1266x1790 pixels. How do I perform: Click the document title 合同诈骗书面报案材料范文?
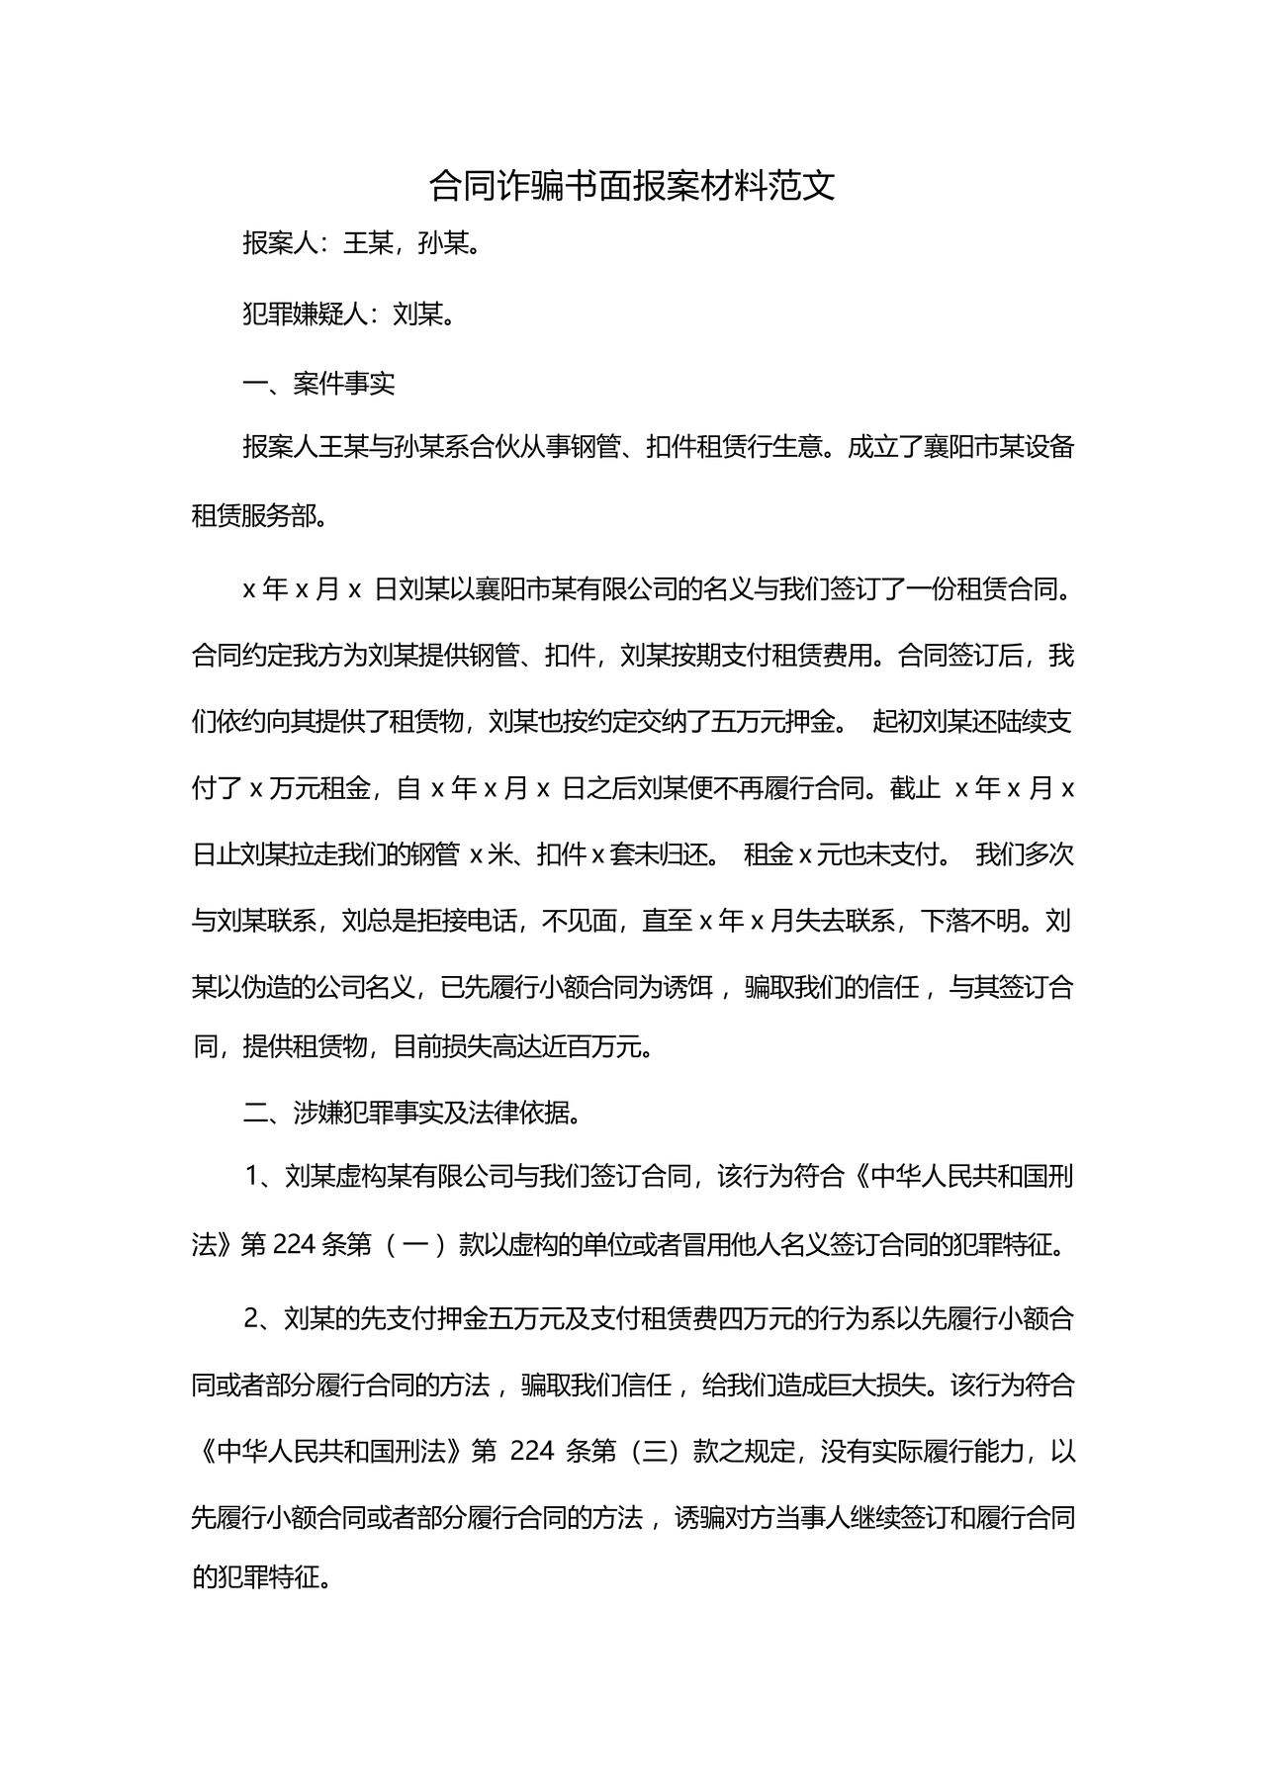point(632,186)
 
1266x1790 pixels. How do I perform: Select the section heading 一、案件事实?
point(318,384)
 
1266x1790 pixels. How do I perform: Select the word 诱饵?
point(687,988)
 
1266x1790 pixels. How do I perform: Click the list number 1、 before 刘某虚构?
point(262,1177)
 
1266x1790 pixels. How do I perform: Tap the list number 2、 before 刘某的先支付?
point(262,1319)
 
